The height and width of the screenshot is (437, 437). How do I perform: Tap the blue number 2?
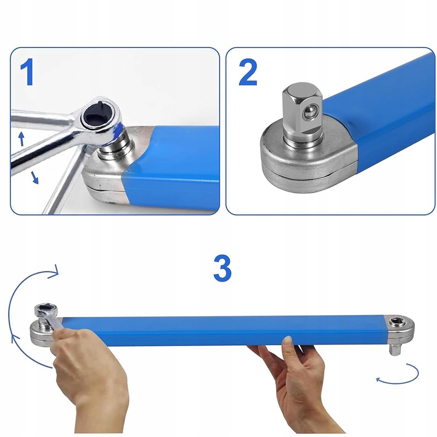(x=248, y=73)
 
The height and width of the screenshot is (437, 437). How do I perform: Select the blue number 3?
(x=222, y=269)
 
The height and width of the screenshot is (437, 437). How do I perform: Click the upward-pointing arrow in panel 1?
(x=21, y=139)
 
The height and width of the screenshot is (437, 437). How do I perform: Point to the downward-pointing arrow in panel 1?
(x=35, y=177)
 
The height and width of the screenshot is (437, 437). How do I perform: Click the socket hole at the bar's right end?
(x=395, y=321)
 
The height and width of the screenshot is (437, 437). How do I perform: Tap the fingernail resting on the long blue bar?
(x=288, y=339)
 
